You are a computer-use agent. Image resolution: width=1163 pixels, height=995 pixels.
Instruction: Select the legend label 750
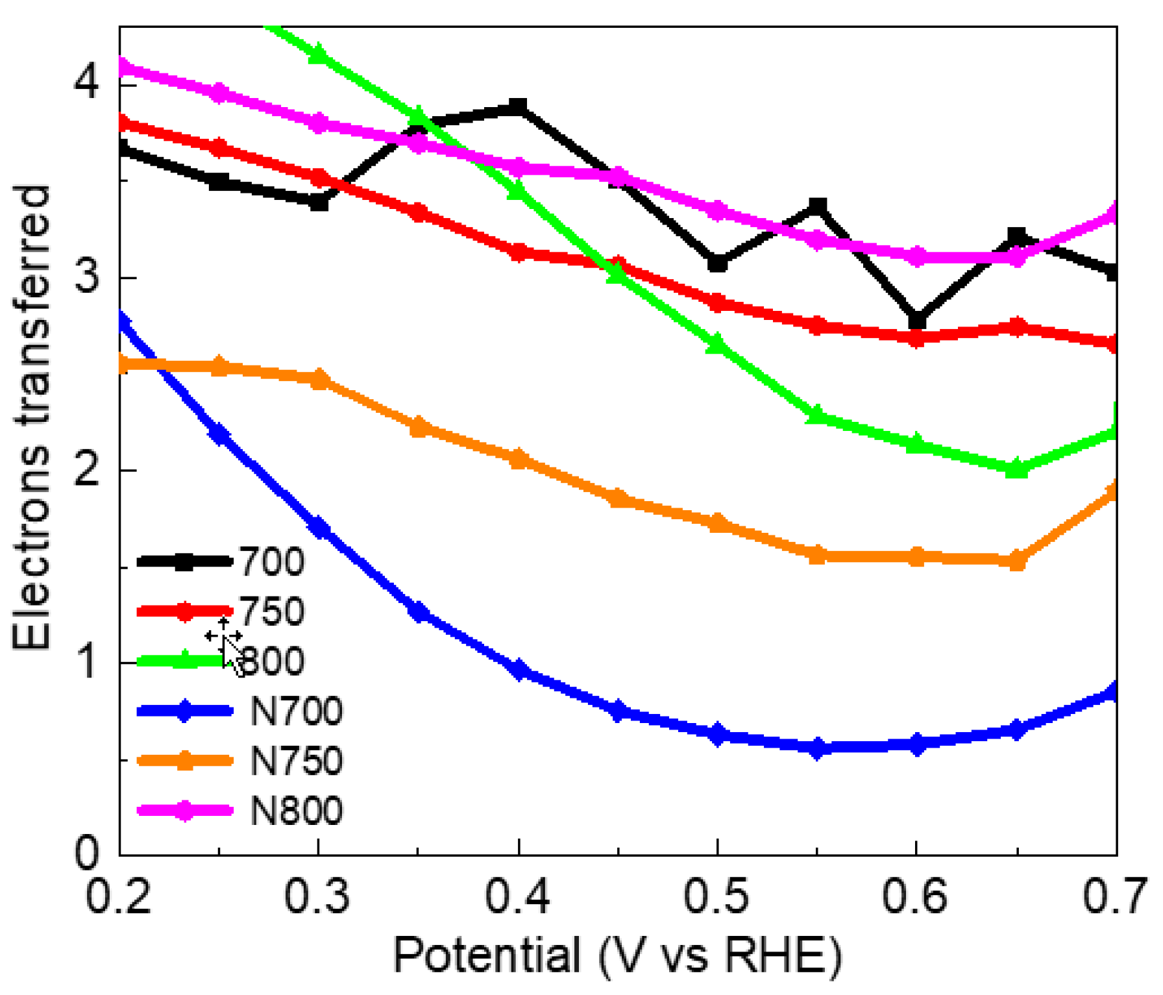(x=271, y=611)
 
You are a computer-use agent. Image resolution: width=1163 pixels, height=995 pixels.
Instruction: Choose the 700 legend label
(x=271, y=561)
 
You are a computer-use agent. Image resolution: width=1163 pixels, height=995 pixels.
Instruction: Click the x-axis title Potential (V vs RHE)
(x=617, y=955)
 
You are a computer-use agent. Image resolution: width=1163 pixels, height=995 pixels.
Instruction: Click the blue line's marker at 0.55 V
(x=817, y=748)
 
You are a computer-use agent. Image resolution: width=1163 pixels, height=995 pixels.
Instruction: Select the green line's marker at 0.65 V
(x=1016, y=468)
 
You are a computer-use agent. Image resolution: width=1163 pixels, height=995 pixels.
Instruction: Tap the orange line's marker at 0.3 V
(x=319, y=380)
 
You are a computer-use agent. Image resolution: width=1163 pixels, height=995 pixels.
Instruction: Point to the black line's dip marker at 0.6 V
(x=916, y=320)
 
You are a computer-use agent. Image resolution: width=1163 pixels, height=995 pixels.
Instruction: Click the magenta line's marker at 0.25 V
(x=219, y=93)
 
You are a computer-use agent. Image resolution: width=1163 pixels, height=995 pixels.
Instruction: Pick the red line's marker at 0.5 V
(x=717, y=302)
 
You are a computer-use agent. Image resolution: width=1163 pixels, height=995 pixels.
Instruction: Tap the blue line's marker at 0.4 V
(x=518, y=669)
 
